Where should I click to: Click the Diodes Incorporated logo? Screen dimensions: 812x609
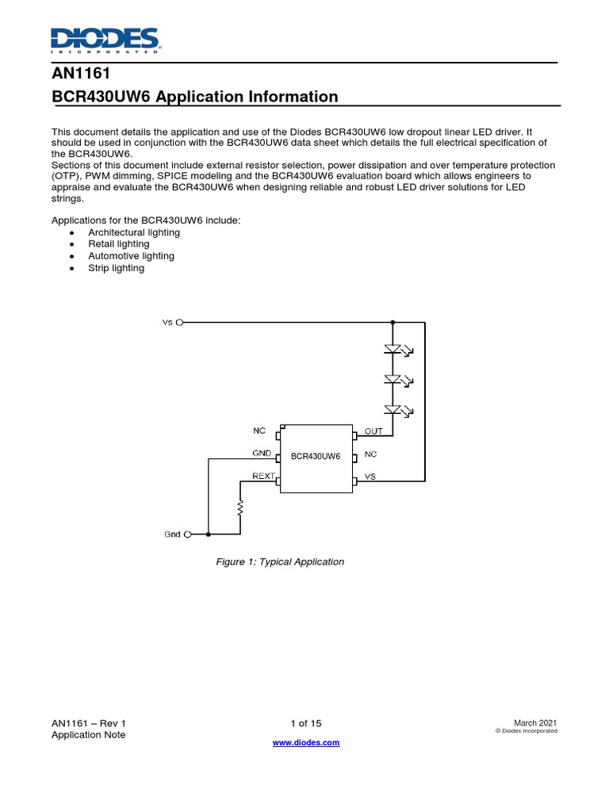(x=105, y=40)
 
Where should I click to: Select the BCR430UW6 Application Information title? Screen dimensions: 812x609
(x=194, y=97)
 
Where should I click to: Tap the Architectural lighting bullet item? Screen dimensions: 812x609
(x=134, y=232)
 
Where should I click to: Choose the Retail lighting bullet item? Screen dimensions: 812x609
(x=118, y=244)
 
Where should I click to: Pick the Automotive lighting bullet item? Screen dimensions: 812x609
(x=131, y=256)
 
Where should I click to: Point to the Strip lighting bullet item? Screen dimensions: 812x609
(x=116, y=268)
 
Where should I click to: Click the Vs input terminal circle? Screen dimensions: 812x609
(x=180, y=323)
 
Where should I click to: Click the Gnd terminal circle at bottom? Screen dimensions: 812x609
(x=188, y=534)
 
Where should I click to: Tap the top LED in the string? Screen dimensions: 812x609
(x=393, y=348)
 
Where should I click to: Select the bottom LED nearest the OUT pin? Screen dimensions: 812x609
(x=393, y=409)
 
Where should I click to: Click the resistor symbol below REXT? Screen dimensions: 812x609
(x=240, y=507)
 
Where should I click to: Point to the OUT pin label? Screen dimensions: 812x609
(x=373, y=431)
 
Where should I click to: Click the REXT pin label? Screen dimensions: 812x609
(x=263, y=477)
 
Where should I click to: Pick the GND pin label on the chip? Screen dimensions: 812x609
(x=262, y=454)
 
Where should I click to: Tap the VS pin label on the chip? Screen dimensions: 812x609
(x=370, y=477)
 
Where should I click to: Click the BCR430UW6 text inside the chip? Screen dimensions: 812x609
(x=316, y=457)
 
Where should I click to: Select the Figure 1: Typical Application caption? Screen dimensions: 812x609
(x=280, y=561)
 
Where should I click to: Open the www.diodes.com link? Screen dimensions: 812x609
(x=306, y=743)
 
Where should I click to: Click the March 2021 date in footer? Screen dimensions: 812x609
(x=535, y=723)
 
